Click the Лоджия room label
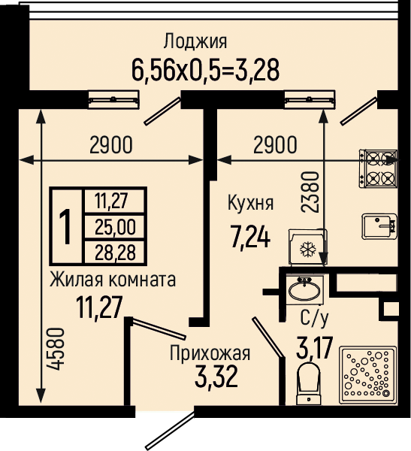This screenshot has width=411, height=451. coord(195,41)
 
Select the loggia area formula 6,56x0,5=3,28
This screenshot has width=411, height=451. coord(205,71)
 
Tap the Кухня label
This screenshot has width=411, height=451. coord(250,203)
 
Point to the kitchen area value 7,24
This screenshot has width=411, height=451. coord(250,237)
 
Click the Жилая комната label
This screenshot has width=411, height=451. coord(113,280)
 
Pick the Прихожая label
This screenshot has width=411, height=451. coord(210,353)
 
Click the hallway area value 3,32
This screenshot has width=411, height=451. coord(216,377)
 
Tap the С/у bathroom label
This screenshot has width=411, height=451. coord(314,318)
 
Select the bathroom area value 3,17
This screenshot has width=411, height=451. coord(314,348)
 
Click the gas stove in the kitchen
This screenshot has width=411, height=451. coord(378,168)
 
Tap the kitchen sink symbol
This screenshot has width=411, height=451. coord(379,226)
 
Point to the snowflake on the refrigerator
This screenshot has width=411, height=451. coord(308,249)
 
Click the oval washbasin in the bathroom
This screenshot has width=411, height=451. coord(304,291)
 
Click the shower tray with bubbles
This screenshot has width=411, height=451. coord(368,375)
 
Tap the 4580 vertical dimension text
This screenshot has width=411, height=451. coord(56,349)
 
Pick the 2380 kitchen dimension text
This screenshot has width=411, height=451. coord(310,192)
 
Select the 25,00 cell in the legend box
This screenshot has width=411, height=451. coord(115,226)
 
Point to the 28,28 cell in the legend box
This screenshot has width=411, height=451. coord(115,253)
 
